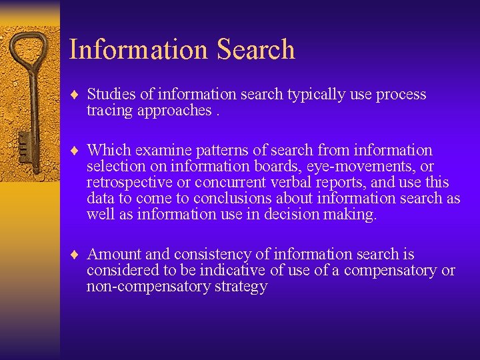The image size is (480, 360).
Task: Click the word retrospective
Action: [126, 183]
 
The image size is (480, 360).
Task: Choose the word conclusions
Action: [231, 199]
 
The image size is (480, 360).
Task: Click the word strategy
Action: [241, 287]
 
